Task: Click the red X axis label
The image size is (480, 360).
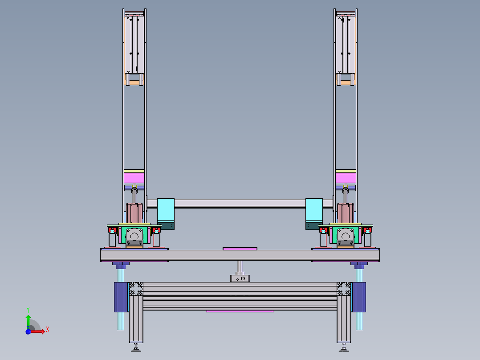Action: click(x=48, y=330)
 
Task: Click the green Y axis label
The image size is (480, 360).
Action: click(x=28, y=310)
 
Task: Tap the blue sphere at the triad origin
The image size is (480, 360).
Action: click(x=28, y=331)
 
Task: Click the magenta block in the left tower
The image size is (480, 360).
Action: click(x=134, y=178)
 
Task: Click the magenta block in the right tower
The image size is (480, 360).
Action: click(x=346, y=178)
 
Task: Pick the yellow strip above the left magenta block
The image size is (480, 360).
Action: click(x=134, y=171)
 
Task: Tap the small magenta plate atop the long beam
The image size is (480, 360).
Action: click(x=240, y=249)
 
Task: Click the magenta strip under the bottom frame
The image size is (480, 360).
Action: click(x=240, y=311)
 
